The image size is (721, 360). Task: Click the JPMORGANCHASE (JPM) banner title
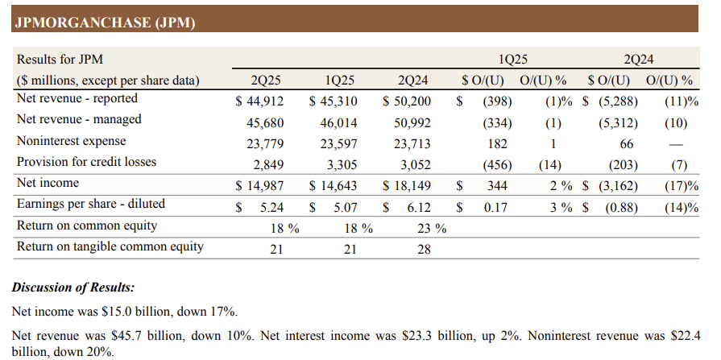point(105,23)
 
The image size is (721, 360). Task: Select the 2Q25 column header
point(265,81)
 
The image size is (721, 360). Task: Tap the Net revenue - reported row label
point(77,99)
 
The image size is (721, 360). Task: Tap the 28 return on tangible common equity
point(423,249)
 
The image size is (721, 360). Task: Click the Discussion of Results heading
point(73,288)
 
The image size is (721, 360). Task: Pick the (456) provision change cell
point(494,165)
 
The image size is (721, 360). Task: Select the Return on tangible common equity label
point(110,246)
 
